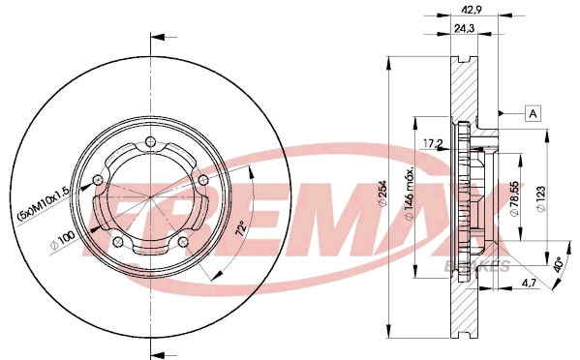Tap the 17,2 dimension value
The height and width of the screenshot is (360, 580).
tap(435, 144)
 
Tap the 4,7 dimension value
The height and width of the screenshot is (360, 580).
tap(529, 283)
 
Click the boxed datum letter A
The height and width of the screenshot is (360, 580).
tap(533, 114)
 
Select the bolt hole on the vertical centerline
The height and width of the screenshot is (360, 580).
tap(150, 145)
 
